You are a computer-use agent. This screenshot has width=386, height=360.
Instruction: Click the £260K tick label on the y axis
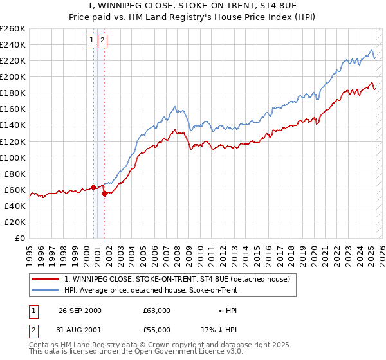point(13,29)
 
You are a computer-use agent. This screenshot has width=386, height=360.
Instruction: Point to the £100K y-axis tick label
point(13,157)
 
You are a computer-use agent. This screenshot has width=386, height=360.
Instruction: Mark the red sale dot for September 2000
point(94,187)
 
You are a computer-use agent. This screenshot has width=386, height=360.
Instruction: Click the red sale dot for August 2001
point(104,194)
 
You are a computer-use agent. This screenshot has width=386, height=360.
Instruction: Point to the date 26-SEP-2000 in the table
point(80,310)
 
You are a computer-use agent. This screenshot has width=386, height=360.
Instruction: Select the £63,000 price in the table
point(157,310)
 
